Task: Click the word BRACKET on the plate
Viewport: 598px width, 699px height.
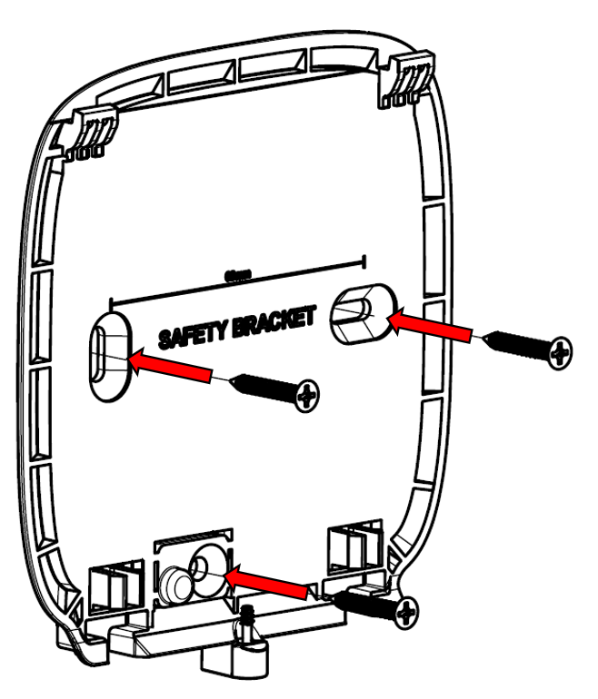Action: click(x=270, y=320)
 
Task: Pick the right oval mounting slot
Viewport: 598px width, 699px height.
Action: click(x=358, y=311)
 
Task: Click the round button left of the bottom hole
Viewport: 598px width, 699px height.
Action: click(x=173, y=577)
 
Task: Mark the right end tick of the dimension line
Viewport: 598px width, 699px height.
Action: click(x=364, y=261)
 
